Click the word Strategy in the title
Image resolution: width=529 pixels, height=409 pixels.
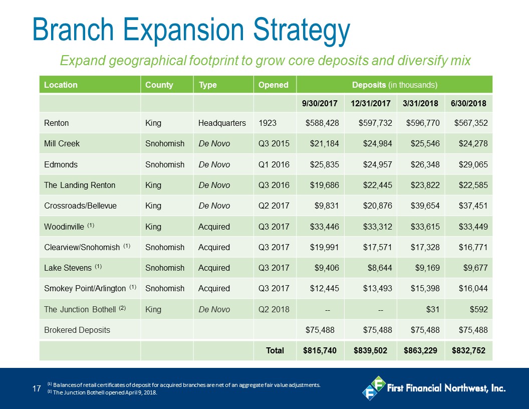tap(302, 31)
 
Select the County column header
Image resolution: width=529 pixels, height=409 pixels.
tap(159, 85)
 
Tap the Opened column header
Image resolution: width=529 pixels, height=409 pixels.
tap(274, 85)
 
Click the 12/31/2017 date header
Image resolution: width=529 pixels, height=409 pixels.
tap(370, 103)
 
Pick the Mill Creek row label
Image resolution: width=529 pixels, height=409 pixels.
tap(62, 143)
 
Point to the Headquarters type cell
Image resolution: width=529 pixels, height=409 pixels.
tap(222, 123)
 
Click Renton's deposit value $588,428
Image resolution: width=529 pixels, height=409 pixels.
tap(322, 123)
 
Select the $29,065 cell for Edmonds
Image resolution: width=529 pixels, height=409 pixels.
tap(473, 164)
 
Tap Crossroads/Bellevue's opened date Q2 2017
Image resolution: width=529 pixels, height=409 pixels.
tap(274, 206)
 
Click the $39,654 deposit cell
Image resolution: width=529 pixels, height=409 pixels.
tap(425, 206)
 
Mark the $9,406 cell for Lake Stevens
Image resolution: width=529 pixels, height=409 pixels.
tap(327, 268)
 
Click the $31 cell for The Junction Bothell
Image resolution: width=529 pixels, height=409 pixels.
tap(433, 309)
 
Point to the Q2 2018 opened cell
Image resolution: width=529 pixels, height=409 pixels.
tap(274, 309)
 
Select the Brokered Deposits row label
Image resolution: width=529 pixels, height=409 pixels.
tap(77, 330)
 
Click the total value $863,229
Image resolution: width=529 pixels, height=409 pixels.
tap(420, 351)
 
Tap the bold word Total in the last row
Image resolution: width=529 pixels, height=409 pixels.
tap(275, 351)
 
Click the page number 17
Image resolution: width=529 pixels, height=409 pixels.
tap(37, 389)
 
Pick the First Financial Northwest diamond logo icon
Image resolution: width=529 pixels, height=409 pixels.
tap(374, 388)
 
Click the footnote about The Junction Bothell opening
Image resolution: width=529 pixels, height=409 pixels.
tap(102, 392)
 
